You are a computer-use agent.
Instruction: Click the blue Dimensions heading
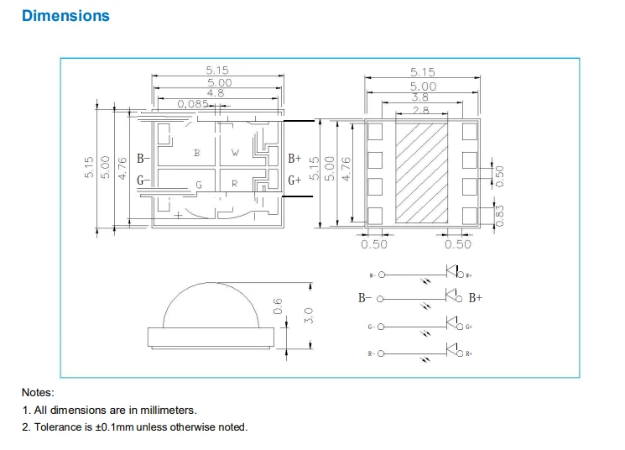pyautogui.click(x=65, y=16)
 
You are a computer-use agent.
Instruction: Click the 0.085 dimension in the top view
pyautogui.click(x=194, y=104)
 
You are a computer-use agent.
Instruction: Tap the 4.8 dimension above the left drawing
pyautogui.click(x=216, y=93)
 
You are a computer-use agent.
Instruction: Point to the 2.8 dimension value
pyautogui.click(x=421, y=110)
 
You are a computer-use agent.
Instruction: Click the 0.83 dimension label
pyautogui.click(x=501, y=216)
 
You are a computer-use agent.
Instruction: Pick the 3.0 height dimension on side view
pyautogui.click(x=309, y=317)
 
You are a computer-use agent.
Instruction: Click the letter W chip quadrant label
pyautogui.click(x=235, y=153)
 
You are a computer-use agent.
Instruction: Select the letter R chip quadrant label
pyautogui.click(x=235, y=183)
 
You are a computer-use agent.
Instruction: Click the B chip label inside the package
pyautogui.click(x=197, y=153)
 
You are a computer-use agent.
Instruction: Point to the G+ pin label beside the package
pyautogui.click(x=295, y=180)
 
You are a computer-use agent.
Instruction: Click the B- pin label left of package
pyautogui.click(x=142, y=158)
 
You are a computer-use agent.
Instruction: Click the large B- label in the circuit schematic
pyautogui.click(x=366, y=298)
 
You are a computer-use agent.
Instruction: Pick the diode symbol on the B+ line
pyautogui.click(x=454, y=296)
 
